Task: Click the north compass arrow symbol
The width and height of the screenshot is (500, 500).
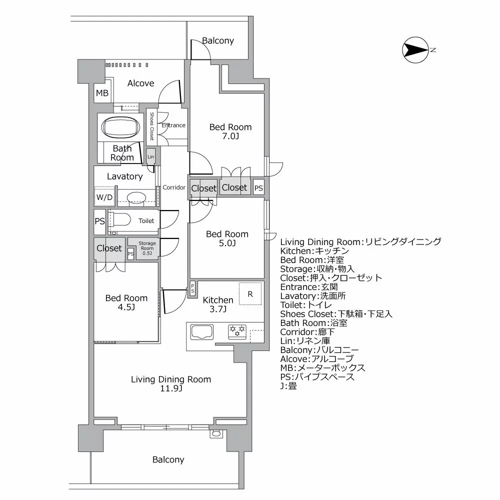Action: point(415,50)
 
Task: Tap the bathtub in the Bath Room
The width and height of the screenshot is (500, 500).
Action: point(122,127)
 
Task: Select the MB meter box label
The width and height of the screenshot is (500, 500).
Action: point(102,93)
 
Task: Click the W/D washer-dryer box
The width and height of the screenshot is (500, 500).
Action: point(104,197)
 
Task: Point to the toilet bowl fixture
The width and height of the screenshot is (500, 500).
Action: point(121,220)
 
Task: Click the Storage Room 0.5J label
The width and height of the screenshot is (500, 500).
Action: point(146,248)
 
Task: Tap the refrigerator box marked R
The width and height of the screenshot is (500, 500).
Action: point(250,294)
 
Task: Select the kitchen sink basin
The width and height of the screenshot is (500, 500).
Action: point(201,331)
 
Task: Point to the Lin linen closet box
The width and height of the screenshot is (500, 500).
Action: point(151,156)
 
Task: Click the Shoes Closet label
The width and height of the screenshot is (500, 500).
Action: point(151,125)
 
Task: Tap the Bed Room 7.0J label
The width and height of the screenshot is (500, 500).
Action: point(230,131)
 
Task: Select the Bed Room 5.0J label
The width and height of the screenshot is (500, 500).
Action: point(227,238)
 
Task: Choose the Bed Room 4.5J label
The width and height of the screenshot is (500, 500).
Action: point(126,302)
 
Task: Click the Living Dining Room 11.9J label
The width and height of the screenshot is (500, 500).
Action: point(170,384)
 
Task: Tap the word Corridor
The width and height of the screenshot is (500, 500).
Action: point(174,187)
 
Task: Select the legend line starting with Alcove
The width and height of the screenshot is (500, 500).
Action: point(316,359)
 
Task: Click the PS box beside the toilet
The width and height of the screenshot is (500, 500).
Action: point(100,220)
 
